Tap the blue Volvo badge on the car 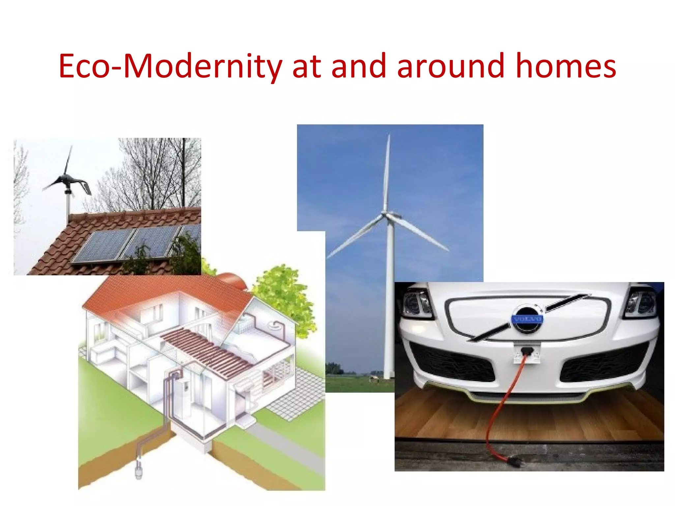(527, 319)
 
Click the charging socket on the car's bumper (527, 352)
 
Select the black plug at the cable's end (514, 462)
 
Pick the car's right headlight (641, 302)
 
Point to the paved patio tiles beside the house (297, 395)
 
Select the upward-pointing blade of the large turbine (387, 171)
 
